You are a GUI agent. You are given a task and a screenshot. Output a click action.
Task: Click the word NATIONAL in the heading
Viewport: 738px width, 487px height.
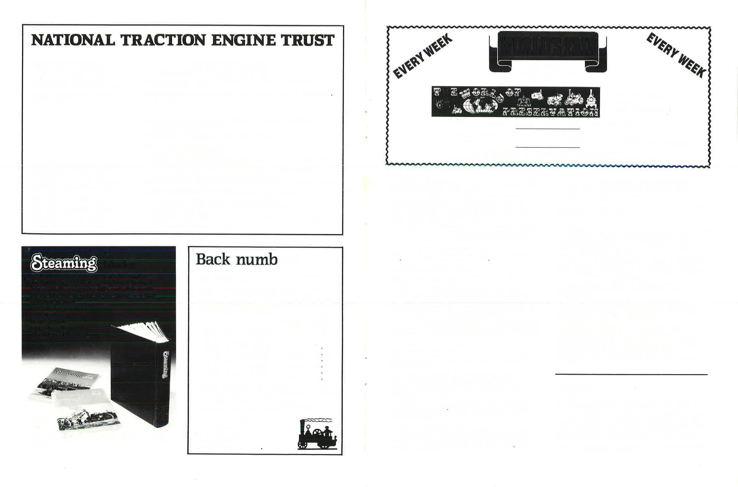pyautogui.click(x=73, y=40)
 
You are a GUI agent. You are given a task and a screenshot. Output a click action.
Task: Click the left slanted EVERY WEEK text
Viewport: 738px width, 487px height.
pyautogui.click(x=423, y=57)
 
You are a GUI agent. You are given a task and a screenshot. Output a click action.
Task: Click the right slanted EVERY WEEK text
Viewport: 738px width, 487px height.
pyautogui.click(x=676, y=55)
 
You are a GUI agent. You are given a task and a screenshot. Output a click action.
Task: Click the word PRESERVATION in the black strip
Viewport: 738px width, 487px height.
pyautogui.click(x=550, y=112)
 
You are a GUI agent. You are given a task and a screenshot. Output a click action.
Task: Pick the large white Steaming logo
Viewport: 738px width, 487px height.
pyautogui.click(x=64, y=263)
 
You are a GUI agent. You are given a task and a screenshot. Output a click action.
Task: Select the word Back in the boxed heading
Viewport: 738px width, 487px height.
pyautogui.click(x=213, y=260)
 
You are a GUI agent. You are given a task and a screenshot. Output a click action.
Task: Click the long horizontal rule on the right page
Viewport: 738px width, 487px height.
pyautogui.click(x=631, y=374)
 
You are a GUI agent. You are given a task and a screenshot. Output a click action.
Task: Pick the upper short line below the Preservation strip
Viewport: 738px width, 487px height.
pyautogui.click(x=548, y=129)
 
